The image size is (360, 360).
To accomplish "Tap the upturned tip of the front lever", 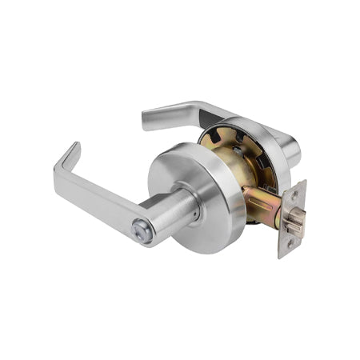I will tap(74, 149).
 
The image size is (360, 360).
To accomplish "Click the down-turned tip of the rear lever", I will tap(147, 120).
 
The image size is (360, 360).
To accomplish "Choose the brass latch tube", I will tap(259, 204).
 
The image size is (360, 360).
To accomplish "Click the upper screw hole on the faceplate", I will tap(295, 196).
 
